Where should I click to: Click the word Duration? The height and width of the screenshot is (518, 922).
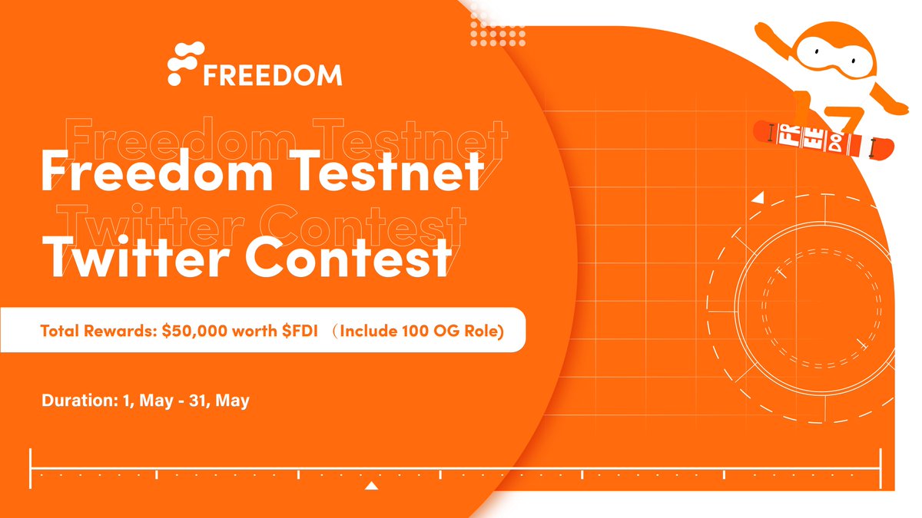coord(75,400)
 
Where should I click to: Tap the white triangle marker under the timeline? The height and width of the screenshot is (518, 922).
coord(372,486)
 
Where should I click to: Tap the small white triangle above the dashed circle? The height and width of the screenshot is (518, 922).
coord(758,198)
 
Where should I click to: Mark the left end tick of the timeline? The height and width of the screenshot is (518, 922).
coord(31,469)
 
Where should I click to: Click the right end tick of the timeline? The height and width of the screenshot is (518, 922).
coord(881,469)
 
